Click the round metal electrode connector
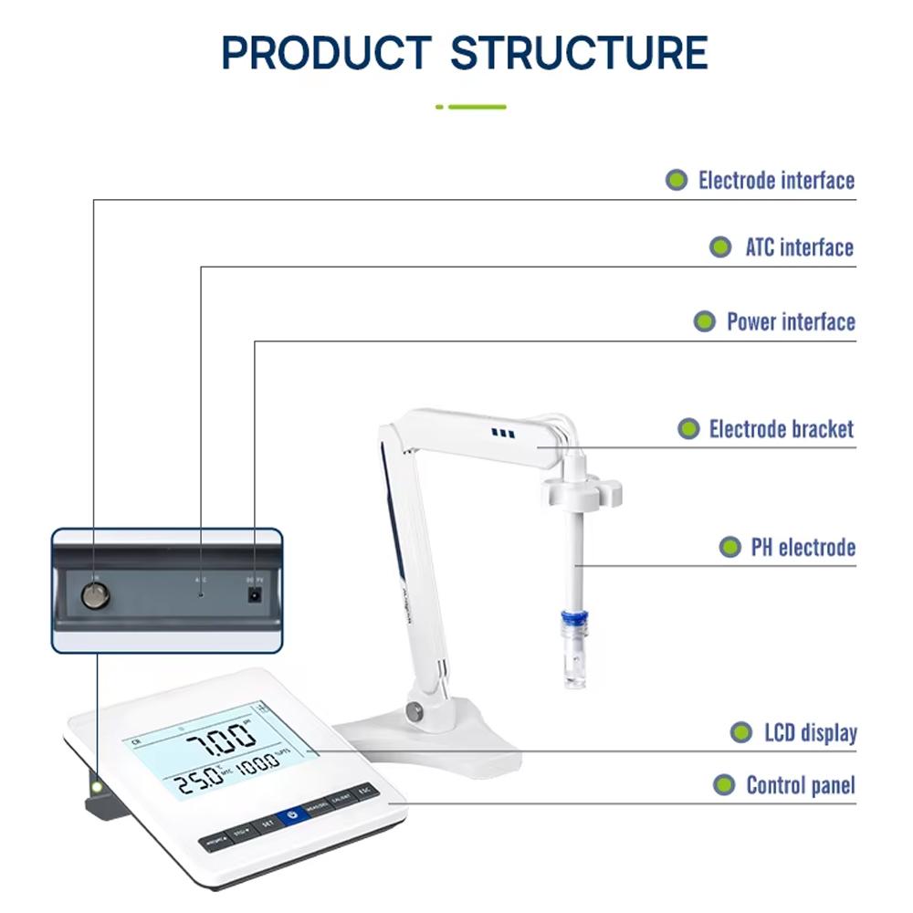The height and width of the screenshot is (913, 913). coord(93,596)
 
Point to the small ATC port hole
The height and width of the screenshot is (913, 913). coord(201,593)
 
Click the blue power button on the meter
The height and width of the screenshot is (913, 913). coord(292,815)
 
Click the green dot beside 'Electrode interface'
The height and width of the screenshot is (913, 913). coord(676,180)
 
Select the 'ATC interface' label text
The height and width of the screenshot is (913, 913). coord(799,247)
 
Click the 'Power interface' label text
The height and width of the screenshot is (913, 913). coord(791,321)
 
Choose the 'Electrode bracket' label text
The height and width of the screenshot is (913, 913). coord(782,429)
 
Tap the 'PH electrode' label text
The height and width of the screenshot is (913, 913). coord(803,547)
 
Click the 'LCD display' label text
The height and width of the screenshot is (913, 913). coord(810,732)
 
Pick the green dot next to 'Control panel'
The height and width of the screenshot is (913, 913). coord(724,784)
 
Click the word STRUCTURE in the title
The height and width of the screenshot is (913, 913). coord(579,54)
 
